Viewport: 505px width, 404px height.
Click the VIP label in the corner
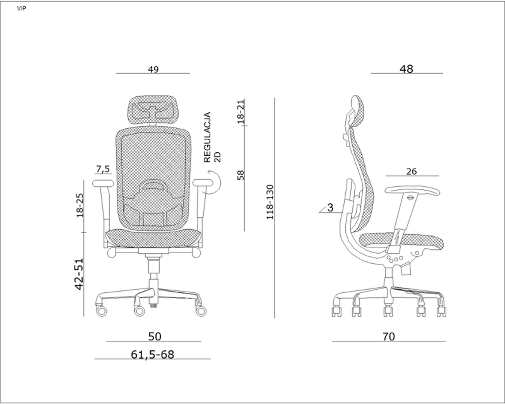coord(21,9)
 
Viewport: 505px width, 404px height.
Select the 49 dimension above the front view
coord(153,69)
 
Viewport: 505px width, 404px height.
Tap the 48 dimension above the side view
coord(406,69)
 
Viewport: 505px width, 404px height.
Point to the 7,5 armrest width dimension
coord(103,169)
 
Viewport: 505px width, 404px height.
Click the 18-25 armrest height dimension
coord(80,205)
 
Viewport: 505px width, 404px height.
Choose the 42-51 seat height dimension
coord(79,274)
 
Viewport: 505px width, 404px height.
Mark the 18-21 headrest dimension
coord(240,112)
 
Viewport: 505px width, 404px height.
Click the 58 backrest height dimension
coord(240,175)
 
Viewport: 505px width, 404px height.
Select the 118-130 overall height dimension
coord(270,202)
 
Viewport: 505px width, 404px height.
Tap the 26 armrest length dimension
coord(411,171)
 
